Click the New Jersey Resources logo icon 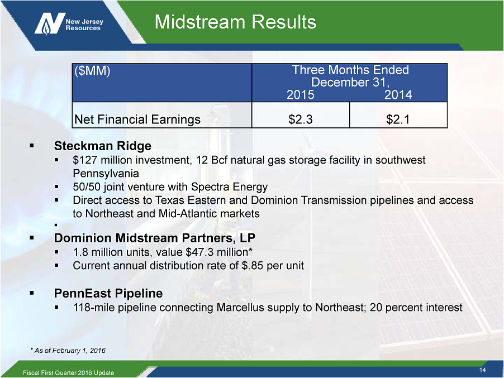[50, 23]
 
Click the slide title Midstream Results [235, 22]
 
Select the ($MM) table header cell [161, 83]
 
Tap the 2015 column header [300, 95]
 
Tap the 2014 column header [398, 95]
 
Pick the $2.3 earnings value [300, 119]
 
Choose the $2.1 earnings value [398, 119]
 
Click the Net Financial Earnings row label [137, 119]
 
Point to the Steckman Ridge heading [103, 146]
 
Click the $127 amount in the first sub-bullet [85, 160]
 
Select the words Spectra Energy [229, 187]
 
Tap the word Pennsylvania [106, 174]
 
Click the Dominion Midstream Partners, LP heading [155, 238]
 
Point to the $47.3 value [199, 252]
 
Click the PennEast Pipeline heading [108, 293]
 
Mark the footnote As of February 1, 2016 [68, 351]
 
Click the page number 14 [482, 370]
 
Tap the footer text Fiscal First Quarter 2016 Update [69, 372]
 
